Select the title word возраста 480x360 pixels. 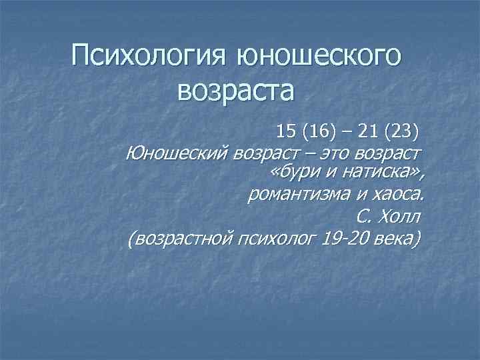(235, 91)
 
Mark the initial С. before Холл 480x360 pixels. (364, 217)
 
